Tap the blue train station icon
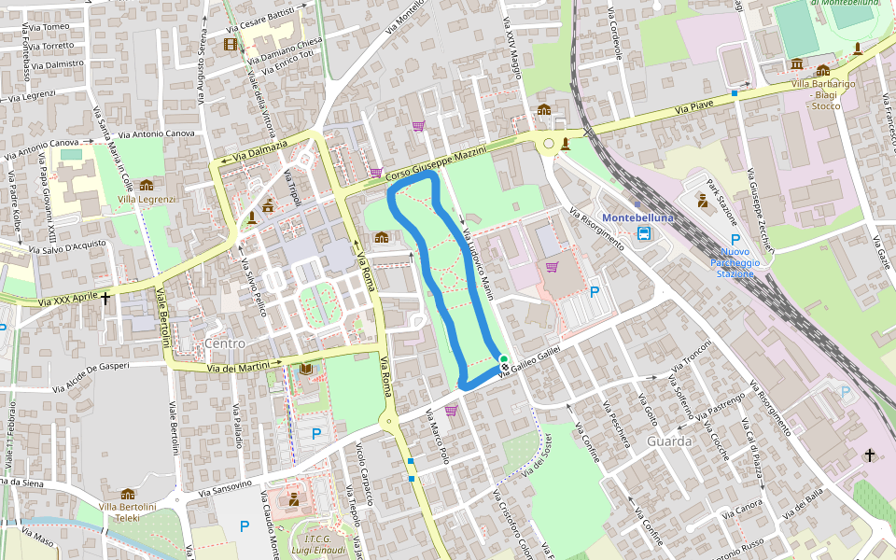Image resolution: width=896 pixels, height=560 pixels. (x=644, y=233)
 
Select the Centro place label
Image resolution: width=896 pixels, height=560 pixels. (x=224, y=344)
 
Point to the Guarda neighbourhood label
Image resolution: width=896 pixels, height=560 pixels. (x=668, y=441)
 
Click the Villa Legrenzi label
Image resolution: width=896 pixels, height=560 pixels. (x=147, y=200)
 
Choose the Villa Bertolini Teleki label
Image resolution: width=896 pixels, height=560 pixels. (x=128, y=511)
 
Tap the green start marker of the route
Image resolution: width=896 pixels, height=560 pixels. (x=504, y=359)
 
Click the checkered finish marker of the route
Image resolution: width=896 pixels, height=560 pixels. (x=505, y=368)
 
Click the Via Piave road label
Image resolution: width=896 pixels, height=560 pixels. (x=693, y=108)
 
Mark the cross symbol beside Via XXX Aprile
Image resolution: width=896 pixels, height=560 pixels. (x=105, y=299)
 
